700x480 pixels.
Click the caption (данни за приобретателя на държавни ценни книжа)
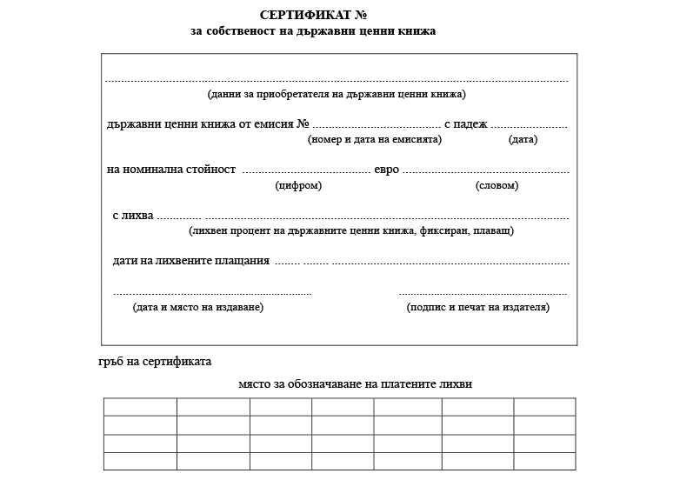[x=337, y=94]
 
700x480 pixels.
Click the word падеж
[x=471, y=124]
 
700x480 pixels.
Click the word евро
[x=387, y=170]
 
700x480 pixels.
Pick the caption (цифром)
[x=298, y=186]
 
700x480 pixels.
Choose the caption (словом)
[x=497, y=186]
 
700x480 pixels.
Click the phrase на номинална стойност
[x=171, y=170]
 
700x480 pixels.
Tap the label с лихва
[x=133, y=216]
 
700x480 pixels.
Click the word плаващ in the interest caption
[x=493, y=231]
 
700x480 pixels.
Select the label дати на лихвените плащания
[x=191, y=261]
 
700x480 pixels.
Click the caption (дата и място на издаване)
[x=198, y=307]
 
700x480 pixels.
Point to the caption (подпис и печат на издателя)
[x=478, y=307]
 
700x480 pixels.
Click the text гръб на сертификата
[x=155, y=361]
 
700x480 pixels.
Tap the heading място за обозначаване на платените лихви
[x=355, y=383]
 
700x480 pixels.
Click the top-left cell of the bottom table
[x=140, y=407]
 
